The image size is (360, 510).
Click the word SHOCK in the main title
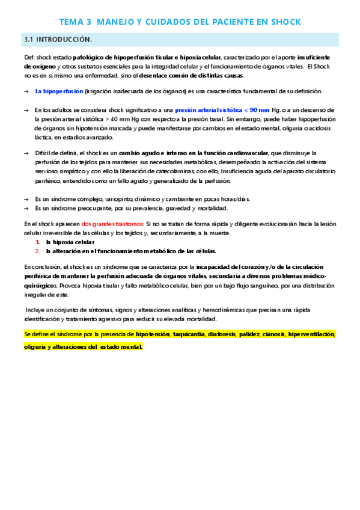[x=284, y=22]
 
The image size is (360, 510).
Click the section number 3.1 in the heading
[x=29, y=40]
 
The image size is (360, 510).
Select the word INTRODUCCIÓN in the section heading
[x=64, y=40]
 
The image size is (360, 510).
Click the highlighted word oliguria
[x=36, y=347]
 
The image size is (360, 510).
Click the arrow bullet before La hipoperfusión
[x=26, y=91]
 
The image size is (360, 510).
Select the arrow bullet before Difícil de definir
[x=26, y=153]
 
